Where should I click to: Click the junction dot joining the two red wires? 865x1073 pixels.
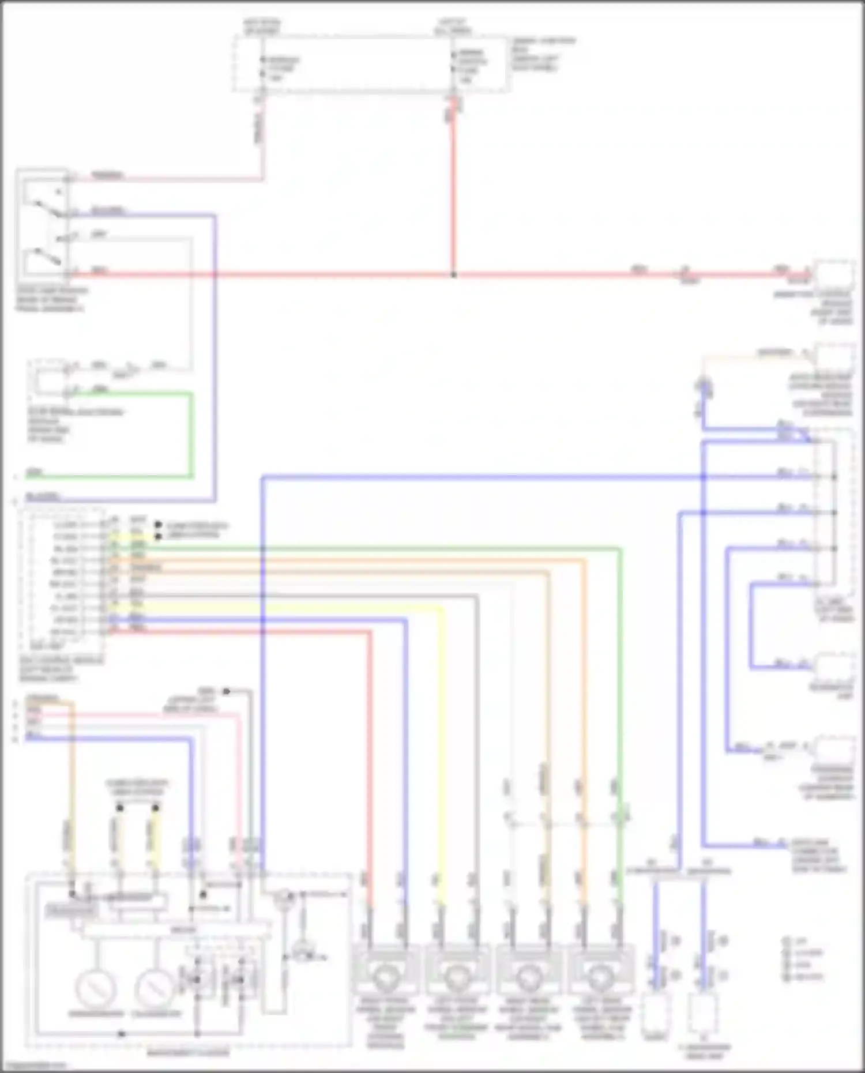point(453,275)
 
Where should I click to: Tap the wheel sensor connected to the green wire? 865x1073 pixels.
point(600,974)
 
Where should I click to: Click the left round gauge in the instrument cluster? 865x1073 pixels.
point(96,988)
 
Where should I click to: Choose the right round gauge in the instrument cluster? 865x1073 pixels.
point(155,988)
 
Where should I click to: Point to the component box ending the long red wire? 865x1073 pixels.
point(834,276)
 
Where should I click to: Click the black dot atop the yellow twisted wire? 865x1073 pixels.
point(156,808)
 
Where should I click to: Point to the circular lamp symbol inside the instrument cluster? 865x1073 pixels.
point(283,897)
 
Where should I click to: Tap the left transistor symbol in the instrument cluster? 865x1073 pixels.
point(196,978)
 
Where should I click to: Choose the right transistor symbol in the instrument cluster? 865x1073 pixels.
point(238,978)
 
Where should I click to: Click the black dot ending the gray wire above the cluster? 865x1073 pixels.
point(227,691)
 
